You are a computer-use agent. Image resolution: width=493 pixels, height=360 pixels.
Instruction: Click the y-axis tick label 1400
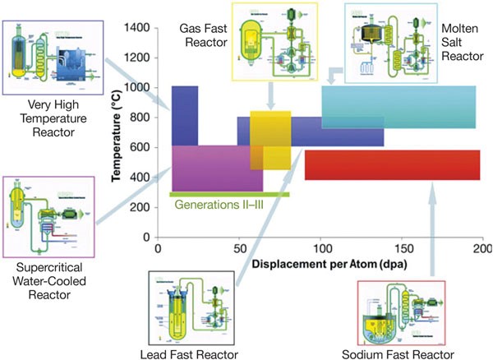pyautogui.click(x=136, y=28)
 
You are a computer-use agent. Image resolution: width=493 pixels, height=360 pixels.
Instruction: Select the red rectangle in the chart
pyautogui.click(x=392, y=164)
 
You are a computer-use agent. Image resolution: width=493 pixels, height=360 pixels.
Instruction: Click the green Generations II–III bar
pyautogui.click(x=229, y=195)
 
